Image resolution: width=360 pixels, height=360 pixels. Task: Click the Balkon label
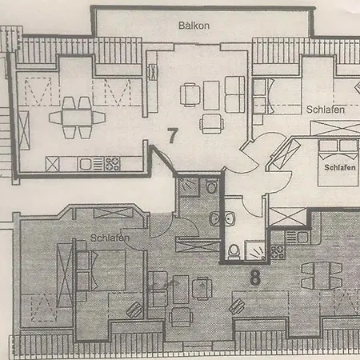tap(194, 26)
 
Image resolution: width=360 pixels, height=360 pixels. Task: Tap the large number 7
tap(173, 135)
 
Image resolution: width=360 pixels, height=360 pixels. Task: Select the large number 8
tap(255, 278)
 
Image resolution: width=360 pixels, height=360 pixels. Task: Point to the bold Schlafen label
tap(340, 167)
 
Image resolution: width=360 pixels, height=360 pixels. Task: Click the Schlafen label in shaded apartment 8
tap(110, 238)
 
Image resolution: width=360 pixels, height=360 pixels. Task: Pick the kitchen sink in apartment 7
tap(86, 164)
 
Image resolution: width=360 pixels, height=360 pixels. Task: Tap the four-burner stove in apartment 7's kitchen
tap(112, 164)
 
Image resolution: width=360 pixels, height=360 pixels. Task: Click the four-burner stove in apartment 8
tap(278, 251)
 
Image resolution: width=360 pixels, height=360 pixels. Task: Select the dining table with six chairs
tap(77, 118)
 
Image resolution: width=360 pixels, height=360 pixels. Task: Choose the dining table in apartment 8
tap(322, 276)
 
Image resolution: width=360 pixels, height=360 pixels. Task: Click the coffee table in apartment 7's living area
tap(211, 95)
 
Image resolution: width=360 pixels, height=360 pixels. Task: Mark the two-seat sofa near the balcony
tap(235, 94)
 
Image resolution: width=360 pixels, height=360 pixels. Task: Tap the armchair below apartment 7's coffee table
tap(212, 123)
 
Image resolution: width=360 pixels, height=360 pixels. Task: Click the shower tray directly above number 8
tap(255, 250)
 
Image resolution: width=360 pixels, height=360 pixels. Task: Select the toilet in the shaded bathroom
tap(211, 185)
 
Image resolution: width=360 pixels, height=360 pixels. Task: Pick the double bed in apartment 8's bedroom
tap(102, 270)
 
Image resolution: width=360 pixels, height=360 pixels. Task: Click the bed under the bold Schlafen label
tap(338, 162)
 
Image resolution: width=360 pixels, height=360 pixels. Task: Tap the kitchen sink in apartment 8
tap(298, 237)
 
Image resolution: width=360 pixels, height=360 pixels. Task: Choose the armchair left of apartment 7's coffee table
tap(190, 95)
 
